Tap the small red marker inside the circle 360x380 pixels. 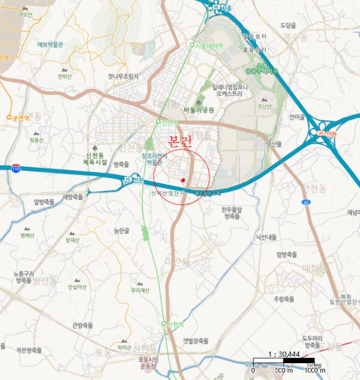[x=184, y=180]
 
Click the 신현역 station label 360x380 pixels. [x=173, y=324]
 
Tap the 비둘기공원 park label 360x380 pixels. [x=199, y=110]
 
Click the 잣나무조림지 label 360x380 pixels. [x=123, y=76]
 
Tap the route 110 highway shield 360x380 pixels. [x=16, y=168]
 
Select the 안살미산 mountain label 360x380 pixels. [x=77, y=287]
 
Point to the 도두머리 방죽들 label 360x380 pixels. [x=312, y=341]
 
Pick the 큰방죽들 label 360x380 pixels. [x=83, y=325]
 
